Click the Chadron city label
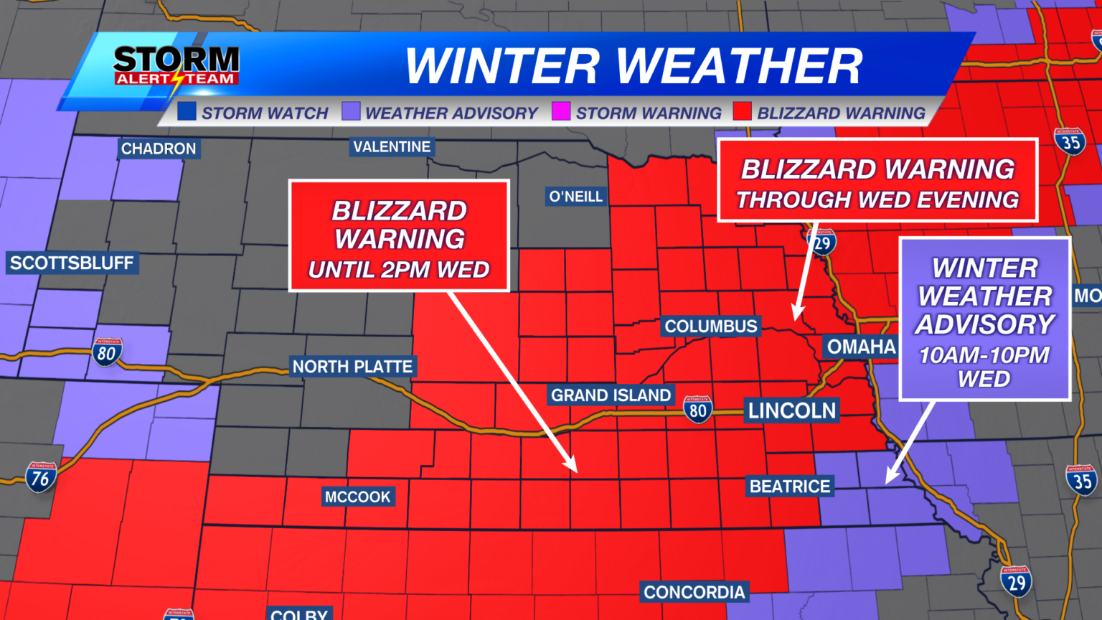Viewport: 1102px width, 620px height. [159, 149]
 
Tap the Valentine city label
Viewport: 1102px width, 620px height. [392, 147]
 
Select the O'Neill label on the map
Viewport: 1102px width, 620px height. [575, 197]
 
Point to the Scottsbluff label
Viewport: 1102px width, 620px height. [72, 263]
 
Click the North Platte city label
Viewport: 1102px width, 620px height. [352, 367]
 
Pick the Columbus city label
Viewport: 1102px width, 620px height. [710, 327]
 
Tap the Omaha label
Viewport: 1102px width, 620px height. [861, 347]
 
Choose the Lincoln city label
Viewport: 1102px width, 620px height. [792, 410]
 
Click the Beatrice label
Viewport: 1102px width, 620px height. [790, 487]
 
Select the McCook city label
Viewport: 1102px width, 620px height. [357, 497]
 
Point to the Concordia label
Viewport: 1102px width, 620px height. [694, 592]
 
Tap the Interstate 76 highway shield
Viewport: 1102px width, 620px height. [41, 477]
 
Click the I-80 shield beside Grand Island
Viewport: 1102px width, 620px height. [697, 410]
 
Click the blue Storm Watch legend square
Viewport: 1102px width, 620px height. [187, 112]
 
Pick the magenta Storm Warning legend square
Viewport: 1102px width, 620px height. [561, 112]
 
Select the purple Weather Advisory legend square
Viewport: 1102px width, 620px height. [351, 112]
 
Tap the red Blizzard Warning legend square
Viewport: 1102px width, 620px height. [743, 112]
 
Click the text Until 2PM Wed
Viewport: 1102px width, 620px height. [399, 270]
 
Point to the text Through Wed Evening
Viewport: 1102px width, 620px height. [877, 199]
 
